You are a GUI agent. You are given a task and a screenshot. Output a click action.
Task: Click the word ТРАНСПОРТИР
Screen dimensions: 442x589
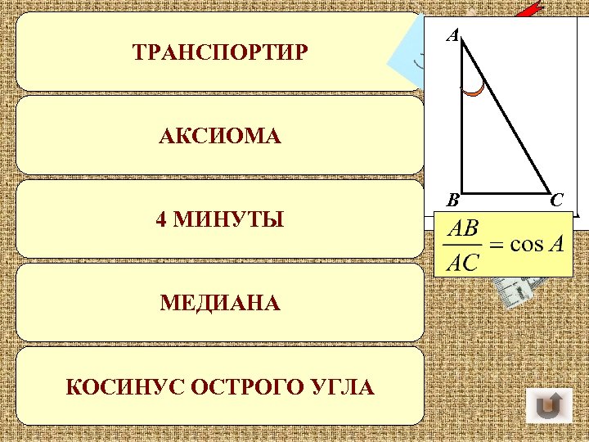point(220,53)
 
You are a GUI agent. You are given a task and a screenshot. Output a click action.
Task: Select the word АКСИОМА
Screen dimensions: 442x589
point(220,137)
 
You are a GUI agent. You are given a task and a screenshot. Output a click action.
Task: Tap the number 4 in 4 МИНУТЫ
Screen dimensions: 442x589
point(161,220)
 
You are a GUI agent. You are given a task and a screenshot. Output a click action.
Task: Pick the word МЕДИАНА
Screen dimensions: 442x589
point(220,304)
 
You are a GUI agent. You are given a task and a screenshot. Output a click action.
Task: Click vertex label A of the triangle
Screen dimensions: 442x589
point(452,35)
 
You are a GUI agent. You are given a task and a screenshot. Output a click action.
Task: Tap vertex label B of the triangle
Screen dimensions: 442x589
point(452,199)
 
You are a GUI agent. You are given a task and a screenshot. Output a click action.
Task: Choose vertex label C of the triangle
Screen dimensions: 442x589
point(556,199)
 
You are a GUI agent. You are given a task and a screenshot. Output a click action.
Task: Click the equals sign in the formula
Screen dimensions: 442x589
point(496,246)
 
